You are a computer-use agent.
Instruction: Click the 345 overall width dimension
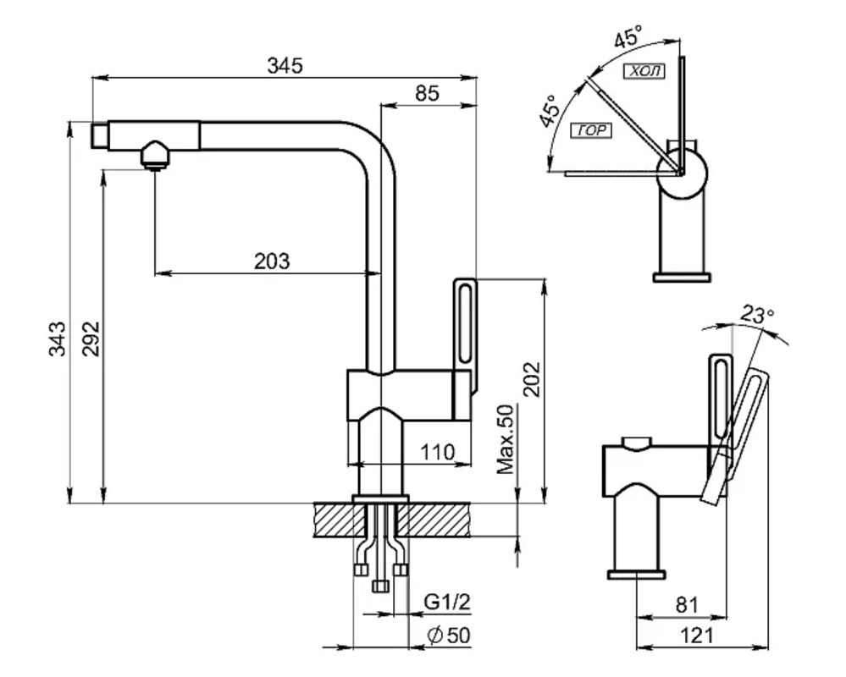click(285, 65)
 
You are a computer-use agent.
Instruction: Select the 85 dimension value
click(428, 93)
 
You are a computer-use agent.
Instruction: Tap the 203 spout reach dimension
click(272, 261)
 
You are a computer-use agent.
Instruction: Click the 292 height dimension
click(91, 338)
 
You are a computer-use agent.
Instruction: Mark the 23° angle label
click(757, 315)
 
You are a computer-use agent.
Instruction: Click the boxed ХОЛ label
click(644, 71)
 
